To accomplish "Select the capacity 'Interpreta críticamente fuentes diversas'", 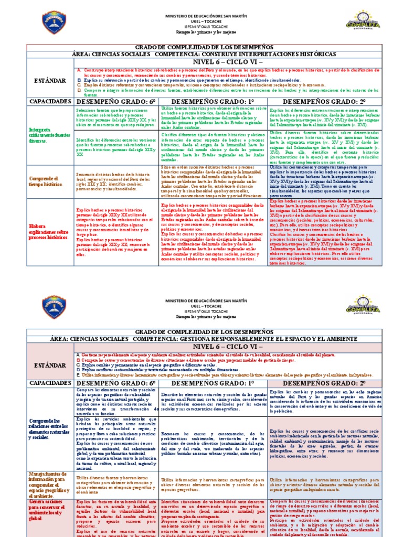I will [x=50, y=134].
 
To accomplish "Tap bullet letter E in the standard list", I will [x=78, y=375].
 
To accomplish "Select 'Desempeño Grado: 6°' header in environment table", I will [x=116, y=383].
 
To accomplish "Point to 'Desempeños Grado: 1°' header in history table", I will [x=213, y=101].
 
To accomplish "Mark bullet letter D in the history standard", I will [x=78, y=90].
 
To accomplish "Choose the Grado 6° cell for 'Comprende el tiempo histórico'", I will [x=116, y=181].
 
